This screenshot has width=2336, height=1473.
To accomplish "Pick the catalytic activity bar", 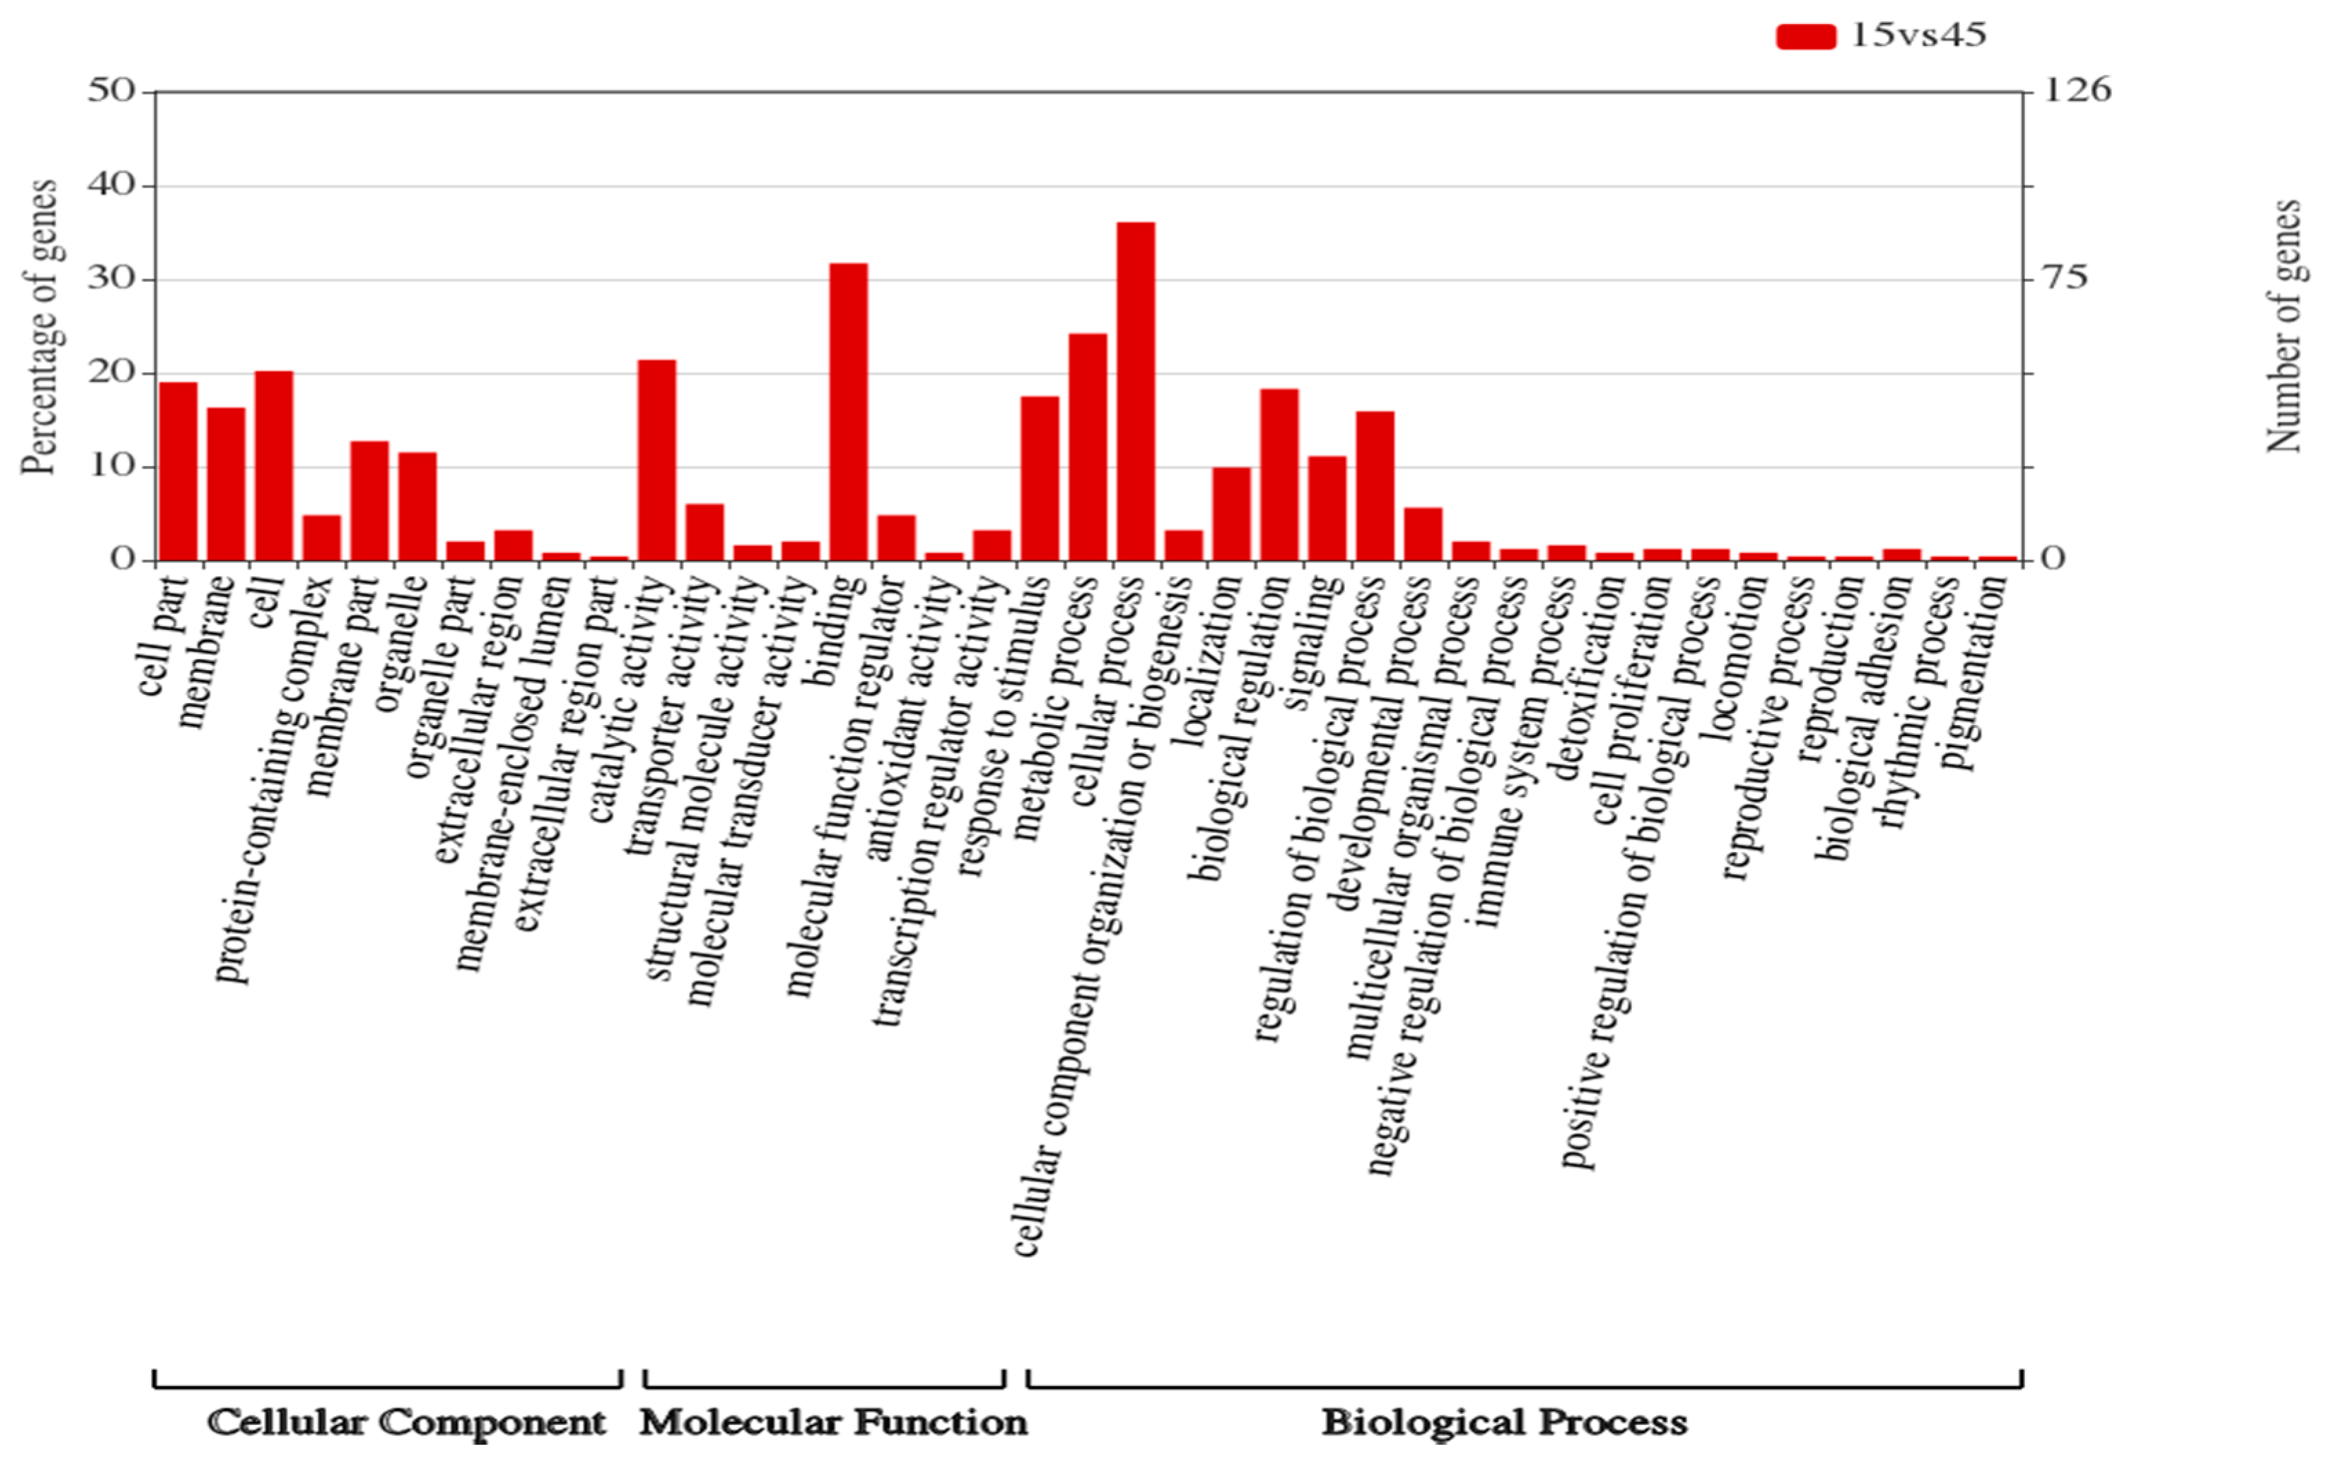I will coord(657,460).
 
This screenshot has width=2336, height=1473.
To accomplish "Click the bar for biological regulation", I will coord(1279,475).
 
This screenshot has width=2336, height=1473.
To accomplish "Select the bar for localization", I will coord(1231,514).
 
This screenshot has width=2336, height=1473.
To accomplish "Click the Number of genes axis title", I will coord(2284,327).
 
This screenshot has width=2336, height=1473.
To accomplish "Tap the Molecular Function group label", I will coord(833,1423).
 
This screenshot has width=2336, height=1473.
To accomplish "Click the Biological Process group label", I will coord(1504,1423).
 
